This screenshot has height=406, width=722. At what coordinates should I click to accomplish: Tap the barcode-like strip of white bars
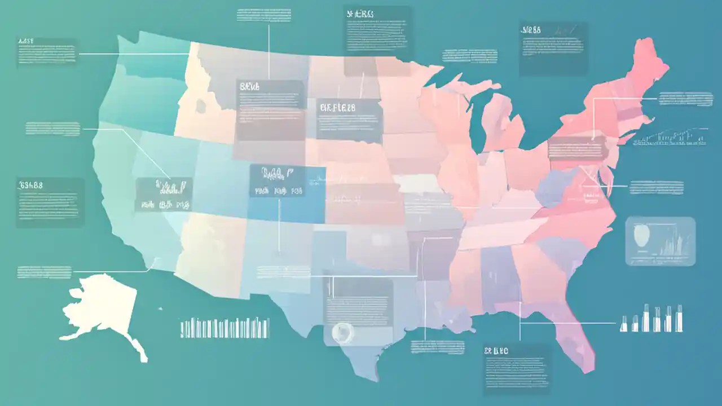pos(224,328)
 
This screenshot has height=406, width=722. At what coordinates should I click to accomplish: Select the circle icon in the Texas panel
pos(341,332)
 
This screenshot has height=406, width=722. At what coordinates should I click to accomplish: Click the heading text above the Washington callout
pos(26,42)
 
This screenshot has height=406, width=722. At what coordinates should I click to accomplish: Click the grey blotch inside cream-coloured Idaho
pos(201,105)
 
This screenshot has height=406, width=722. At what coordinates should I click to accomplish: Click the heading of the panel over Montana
pos(250,87)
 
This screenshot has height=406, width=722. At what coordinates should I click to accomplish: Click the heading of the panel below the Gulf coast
pos(496,351)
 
